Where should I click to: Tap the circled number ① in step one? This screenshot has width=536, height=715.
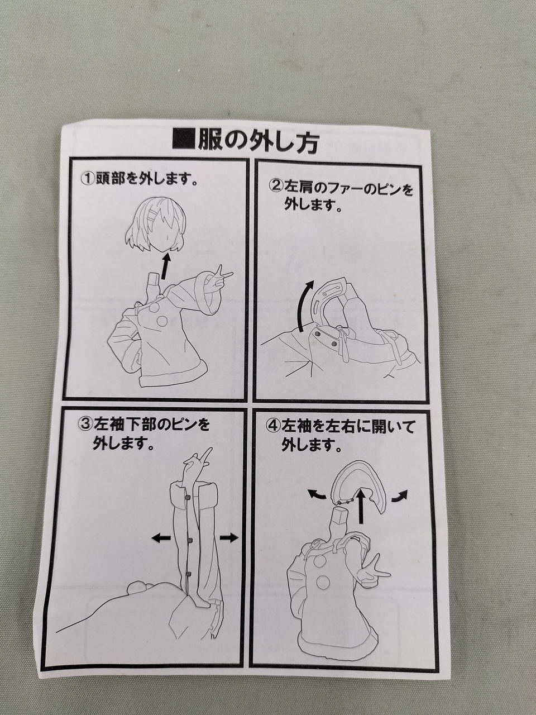pos(87,179)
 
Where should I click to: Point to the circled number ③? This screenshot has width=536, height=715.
pos(85,425)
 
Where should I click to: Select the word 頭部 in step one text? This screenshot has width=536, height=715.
pos(109,179)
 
